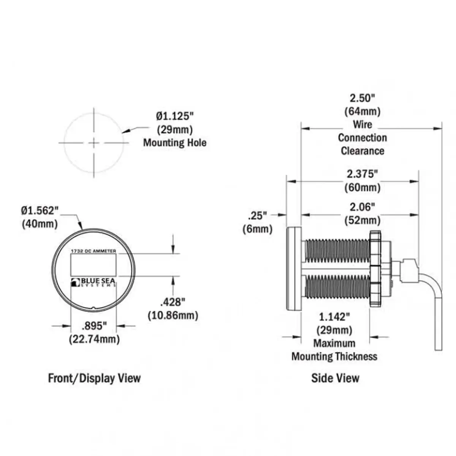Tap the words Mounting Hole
click(175, 143)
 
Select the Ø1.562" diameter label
click(40, 211)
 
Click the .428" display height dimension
click(173, 302)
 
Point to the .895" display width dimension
click(94, 326)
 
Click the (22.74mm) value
click(94, 339)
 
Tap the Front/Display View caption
click(94, 378)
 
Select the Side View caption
click(335, 378)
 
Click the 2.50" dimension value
click(363, 98)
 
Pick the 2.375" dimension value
click(363, 174)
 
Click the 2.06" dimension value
click(363, 207)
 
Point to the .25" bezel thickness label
click(258, 216)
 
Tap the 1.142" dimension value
click(334, 317)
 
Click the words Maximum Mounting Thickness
click(334, 350)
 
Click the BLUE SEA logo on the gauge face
click(93, 282)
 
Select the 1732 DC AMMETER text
click(93, 251)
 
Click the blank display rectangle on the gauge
click(93, 265)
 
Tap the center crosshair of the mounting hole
click(94, 143)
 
